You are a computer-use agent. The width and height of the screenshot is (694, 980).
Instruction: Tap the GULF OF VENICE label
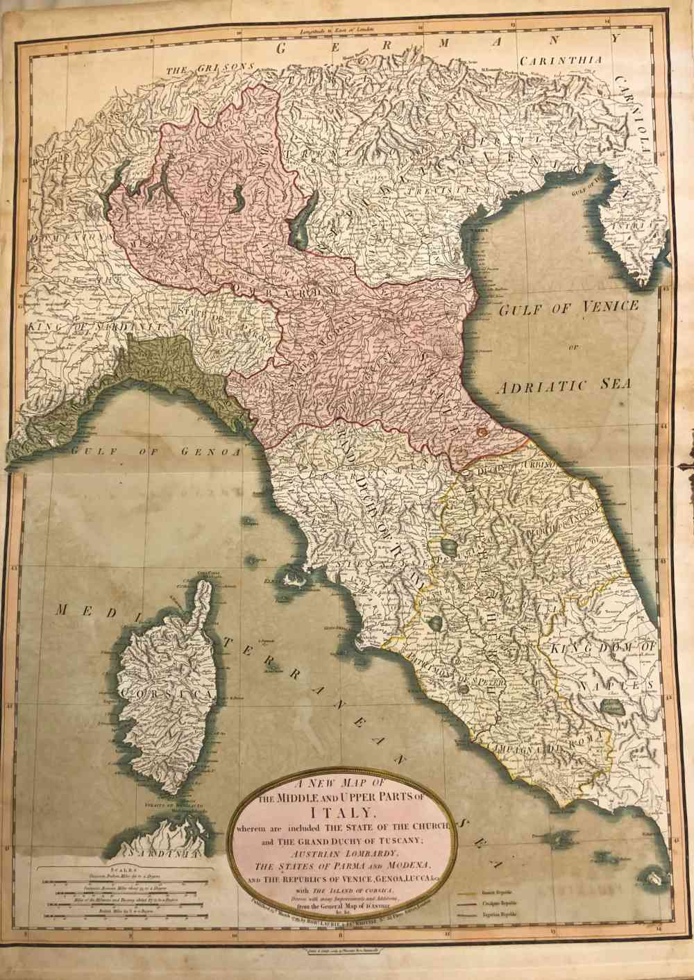click(x=568, y=307)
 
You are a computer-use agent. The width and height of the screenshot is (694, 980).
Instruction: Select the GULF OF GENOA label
click(x=155, y=452)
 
